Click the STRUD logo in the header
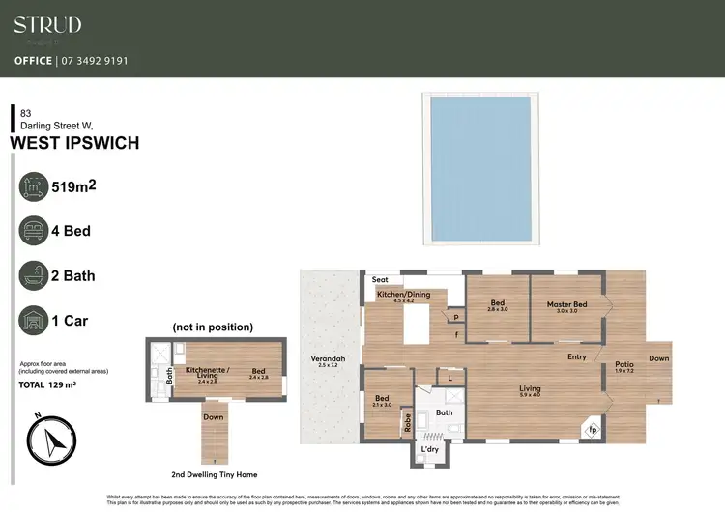click(47, 26)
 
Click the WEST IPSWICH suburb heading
click(74, 143)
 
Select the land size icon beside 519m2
click(36, 187)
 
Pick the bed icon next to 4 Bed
click(36, 232)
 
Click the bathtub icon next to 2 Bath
click(36, 275)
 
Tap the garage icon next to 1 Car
click(36, 320)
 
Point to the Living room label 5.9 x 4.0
click(529, 391)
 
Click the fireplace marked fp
click(592, 429)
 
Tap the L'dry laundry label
click(429, 450)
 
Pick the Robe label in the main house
click(407, 420)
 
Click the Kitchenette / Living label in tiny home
click(208, 372)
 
